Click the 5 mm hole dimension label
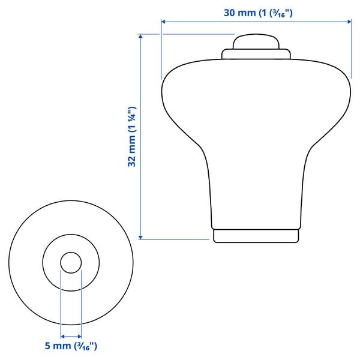[70, 346]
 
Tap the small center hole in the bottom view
[71, 262]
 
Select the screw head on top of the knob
[256, 41]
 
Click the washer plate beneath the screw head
[256, 54]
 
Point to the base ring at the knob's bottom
[256, 235]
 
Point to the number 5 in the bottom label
[47, 346]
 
